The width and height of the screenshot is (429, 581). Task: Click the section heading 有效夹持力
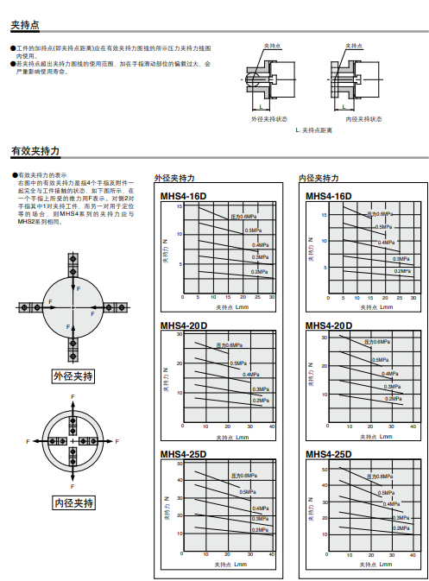pyautogui.click(x=35, y=151)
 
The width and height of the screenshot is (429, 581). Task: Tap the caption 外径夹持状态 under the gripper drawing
pyautogui.click(x=269, y=119)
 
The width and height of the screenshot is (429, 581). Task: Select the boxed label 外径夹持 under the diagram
pyautogui.click(x=73, y=376)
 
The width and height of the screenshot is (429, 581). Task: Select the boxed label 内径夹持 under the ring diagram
pyautogui.click(x=73, y=502)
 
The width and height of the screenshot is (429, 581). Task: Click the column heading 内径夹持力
pyautogui.click(x=319, y=178)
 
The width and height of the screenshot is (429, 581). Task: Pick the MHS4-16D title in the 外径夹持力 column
pyautogui.click(x=183, y=197)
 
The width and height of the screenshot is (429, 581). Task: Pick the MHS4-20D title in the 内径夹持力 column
pyautogui.click(x=329, y=325)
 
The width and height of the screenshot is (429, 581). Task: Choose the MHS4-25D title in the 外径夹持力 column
pyautogui.click(x=183, y=454)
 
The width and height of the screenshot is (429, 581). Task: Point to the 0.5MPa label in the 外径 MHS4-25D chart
pyautogui.click(x=248, y=491)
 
